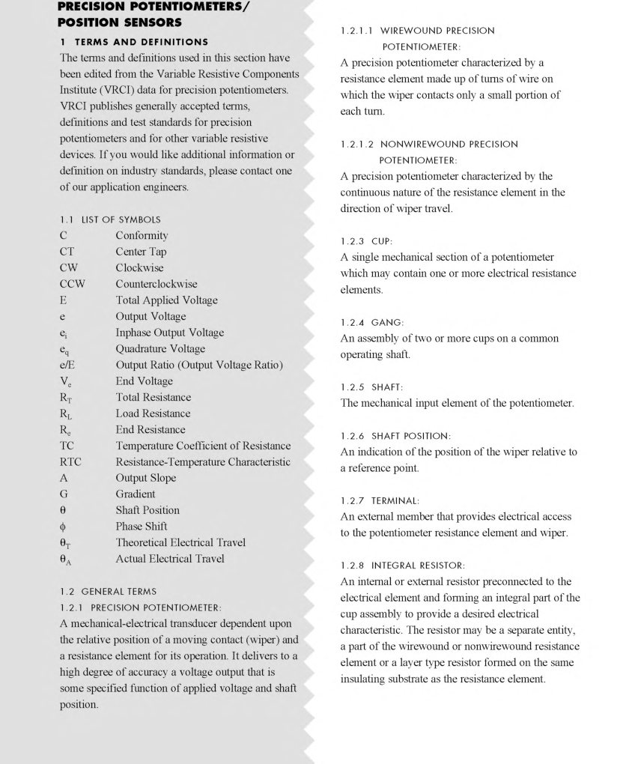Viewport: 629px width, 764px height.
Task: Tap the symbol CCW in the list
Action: click(72, 284)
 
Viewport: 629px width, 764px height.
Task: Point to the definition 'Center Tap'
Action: click(141, 252)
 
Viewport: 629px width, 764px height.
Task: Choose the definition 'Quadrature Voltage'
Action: click(159, 348)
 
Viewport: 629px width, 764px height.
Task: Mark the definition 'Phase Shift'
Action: click(141, 527)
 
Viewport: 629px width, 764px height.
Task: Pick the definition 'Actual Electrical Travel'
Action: click(169, 559)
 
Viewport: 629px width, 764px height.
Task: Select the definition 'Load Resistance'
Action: click(153, 413)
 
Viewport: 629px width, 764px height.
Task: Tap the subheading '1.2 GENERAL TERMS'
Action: click(109, 592)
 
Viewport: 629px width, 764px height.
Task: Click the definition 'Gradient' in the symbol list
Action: click(136, 494)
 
